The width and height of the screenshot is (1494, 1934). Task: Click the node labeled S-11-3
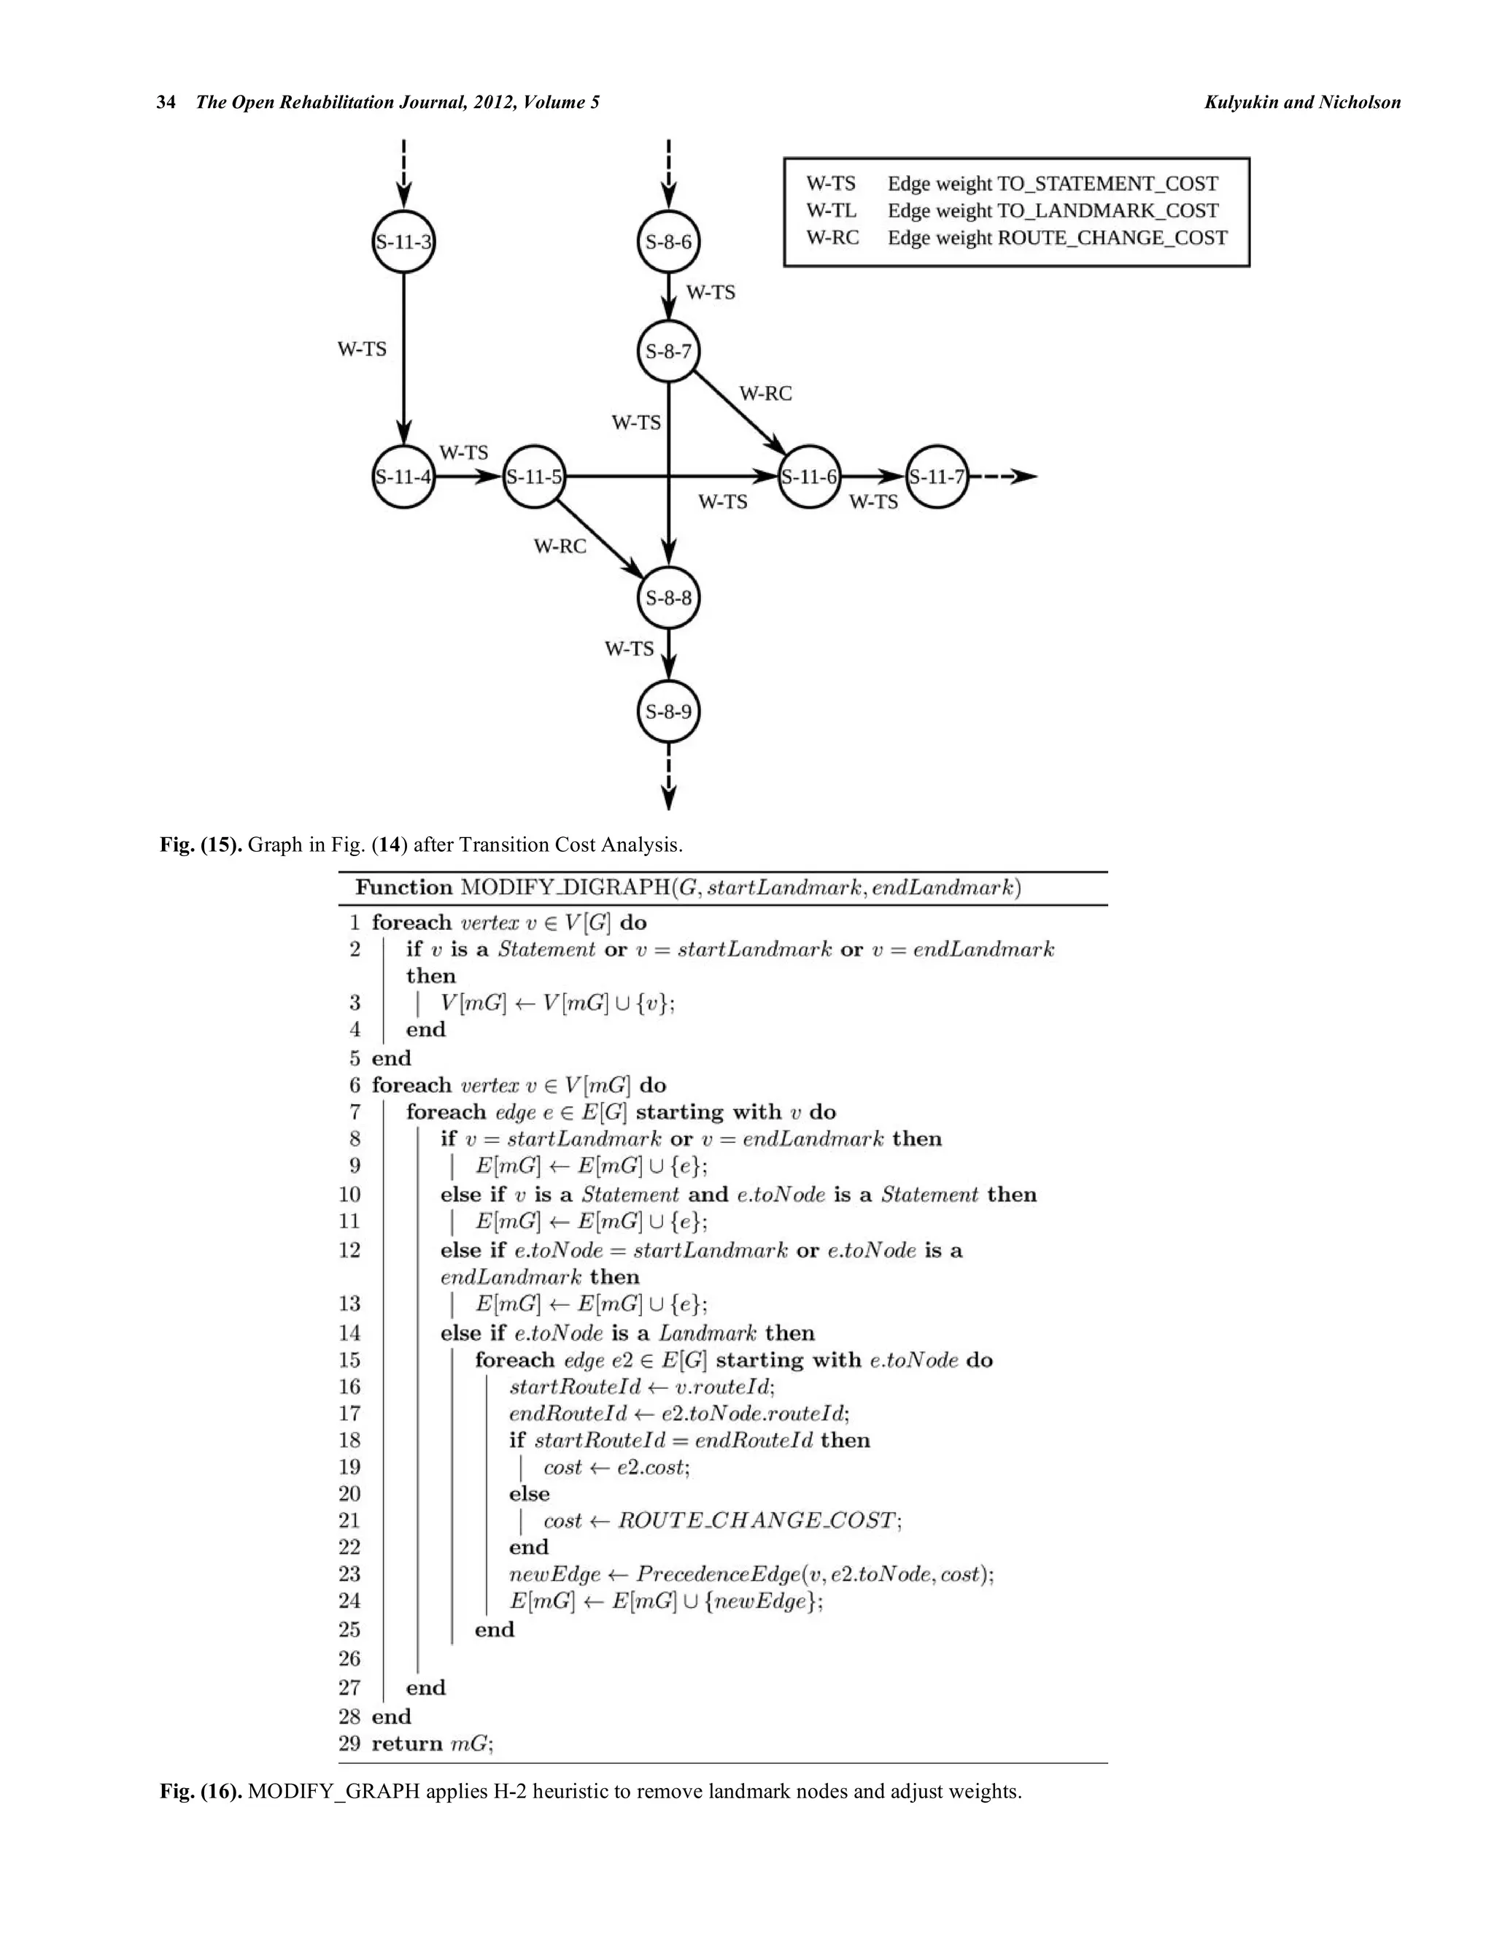(x=403, y=242)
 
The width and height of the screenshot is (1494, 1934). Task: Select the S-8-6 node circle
(x=668, y=242)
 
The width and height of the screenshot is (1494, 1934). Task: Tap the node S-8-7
(x=668, y=352)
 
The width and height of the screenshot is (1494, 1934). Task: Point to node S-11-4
(x=403, y=477)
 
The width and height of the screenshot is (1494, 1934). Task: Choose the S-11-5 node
(x=534, y=477)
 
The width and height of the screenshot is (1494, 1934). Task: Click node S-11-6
(x=809, y=477)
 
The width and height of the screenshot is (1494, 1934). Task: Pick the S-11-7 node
(x=937, y=477)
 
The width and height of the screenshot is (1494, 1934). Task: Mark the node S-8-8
(x=668, y=598)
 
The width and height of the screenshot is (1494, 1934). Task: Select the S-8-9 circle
(x=668, y=711)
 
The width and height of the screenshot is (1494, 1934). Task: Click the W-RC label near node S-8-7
(x=765, y=393)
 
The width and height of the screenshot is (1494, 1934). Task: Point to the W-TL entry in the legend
(x=831, y=211)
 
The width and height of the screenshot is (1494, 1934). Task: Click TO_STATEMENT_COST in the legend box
(x=1107, y=183)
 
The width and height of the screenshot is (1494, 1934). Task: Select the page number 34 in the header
(x=166, y=102)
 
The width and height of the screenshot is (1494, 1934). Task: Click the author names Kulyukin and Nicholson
(x=1302, y=102)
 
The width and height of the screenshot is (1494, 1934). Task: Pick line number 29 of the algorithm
(x=349, y=1743)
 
